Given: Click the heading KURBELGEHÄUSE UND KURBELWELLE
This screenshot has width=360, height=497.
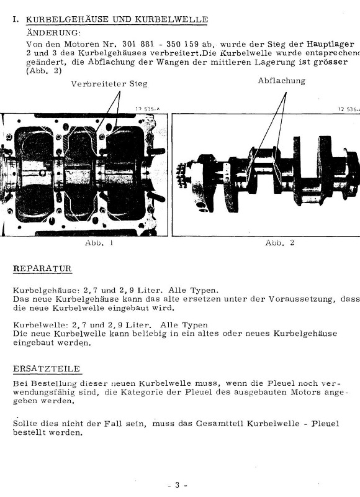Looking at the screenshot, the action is tap(117, 19).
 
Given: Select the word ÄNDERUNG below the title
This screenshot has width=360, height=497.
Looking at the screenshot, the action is tap(53, 33).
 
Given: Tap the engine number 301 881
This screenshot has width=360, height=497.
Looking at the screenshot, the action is tap(138, 44).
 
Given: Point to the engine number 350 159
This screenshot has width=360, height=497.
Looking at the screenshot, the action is tap(182, 44).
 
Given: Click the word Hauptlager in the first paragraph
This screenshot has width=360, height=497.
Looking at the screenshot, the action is tap(330, 45).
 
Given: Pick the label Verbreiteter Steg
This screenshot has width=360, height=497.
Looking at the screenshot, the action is tap(109, 84).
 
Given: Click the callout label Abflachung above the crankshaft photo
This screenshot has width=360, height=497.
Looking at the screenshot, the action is tap(281, 81).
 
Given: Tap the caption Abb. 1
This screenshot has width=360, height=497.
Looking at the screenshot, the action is tap(99, 243).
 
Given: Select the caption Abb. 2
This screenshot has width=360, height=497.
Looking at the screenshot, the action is tap(279, 243).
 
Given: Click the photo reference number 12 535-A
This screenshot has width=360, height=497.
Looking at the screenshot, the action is tap(148, 109).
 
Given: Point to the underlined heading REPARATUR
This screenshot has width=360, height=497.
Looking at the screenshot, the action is tap(42, 268).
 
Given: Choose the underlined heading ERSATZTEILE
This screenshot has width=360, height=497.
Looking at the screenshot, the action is tap(47, 369).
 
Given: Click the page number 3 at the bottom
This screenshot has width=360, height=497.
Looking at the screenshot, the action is tap(178, 485).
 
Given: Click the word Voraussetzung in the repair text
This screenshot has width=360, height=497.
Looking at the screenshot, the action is tap(301, 299).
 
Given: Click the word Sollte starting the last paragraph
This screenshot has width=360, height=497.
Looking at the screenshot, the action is tap(25, 424).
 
